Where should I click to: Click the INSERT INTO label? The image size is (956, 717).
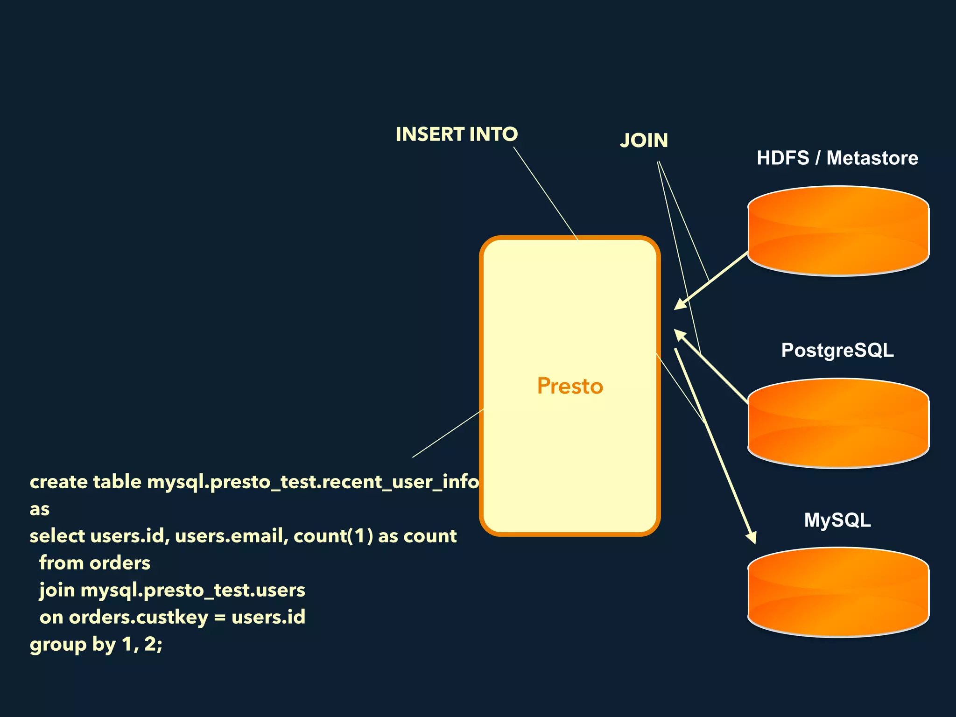point(457,134)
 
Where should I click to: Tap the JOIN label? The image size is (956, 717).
point(644,141)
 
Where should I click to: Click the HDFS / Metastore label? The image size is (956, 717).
point(837,158)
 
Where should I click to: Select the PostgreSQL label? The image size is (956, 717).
point(837,350)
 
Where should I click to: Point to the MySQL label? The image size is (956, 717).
point(837,520)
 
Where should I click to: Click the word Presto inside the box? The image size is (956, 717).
point(570,386)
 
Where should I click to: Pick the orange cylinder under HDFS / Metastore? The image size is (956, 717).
point(838,231)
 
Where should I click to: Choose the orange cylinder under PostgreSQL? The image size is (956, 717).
point(838,423)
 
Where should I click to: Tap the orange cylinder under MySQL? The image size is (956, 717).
point(838,592)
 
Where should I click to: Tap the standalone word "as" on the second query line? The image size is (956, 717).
point(40,509)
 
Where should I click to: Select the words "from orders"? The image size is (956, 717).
point(95,563)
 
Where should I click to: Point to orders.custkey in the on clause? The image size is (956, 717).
point(138,617)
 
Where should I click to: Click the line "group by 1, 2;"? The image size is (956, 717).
point(96,645)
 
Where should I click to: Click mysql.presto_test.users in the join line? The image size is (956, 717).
point(193,590)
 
